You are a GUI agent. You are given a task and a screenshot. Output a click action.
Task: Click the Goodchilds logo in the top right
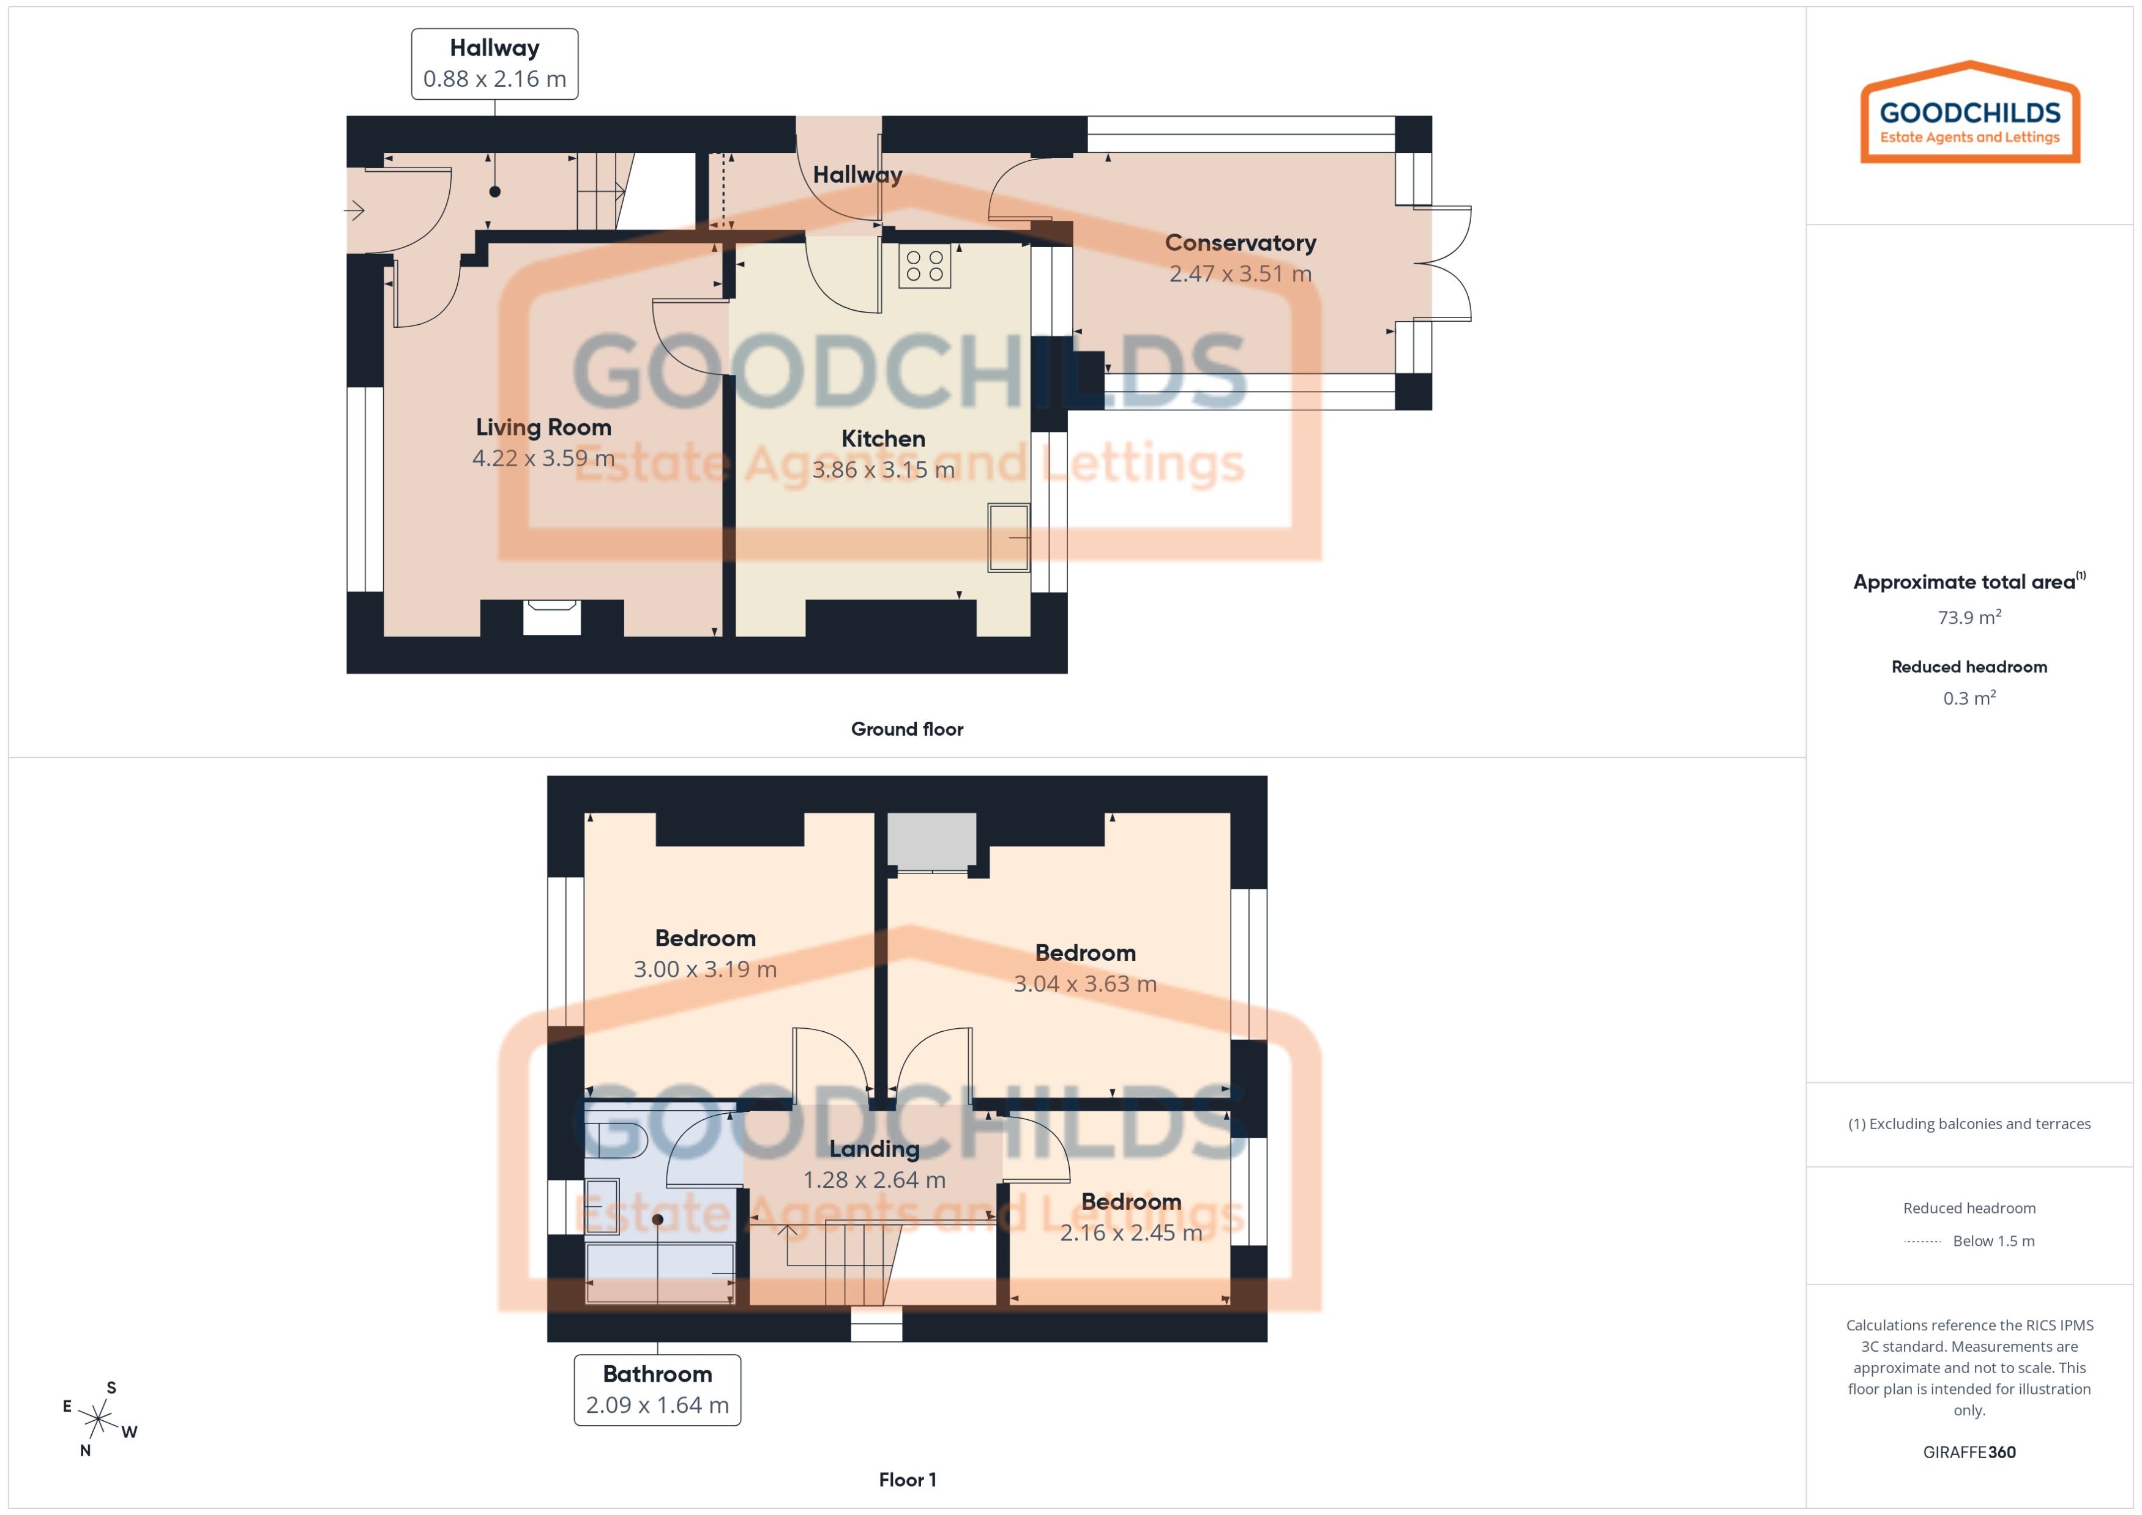pyautogui.click(x=1969, y=114)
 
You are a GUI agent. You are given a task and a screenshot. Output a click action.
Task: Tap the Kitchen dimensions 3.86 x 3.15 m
pyautogui.click(x=883, y=470)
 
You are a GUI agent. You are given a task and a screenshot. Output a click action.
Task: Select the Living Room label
pyautogui.click(x=543, y=428)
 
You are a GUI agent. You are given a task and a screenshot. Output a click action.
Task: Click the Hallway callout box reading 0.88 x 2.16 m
pyautogui.click(x=494, y=64)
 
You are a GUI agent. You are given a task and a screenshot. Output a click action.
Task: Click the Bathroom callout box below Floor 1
pyautogui.click(x=657, y=1389)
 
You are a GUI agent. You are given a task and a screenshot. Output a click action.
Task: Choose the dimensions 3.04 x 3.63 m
pyautogui.click(x=1084, y=984)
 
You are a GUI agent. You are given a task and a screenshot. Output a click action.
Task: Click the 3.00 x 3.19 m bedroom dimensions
pyautogui.click(x=704, y=969)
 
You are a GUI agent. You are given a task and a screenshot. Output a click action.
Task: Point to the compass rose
pyautogui.click(x=98, y=1420)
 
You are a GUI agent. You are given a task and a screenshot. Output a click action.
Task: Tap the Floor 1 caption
pyautogui.click(x=906, y=1480)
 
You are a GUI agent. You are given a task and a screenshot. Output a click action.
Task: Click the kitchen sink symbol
pyautogui.click(x=1008, y=538)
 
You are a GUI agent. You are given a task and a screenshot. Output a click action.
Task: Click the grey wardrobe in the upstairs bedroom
pyautogui.click(x=930, y=840)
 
